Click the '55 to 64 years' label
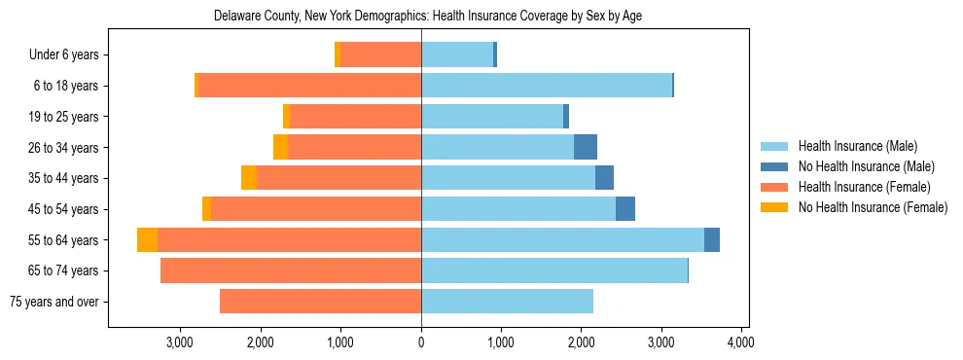64,240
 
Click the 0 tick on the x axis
421,342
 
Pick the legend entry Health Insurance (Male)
857,146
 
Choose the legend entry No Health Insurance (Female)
873,207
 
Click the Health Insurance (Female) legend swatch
775,187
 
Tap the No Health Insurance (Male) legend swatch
775,166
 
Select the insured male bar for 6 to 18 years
546,86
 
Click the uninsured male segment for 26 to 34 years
586,148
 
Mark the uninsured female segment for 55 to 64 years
147,240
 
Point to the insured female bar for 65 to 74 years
291,270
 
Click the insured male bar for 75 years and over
507,302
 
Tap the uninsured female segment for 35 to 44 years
249,178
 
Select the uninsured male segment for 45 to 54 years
625,209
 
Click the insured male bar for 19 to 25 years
492,117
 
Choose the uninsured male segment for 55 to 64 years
712,240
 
